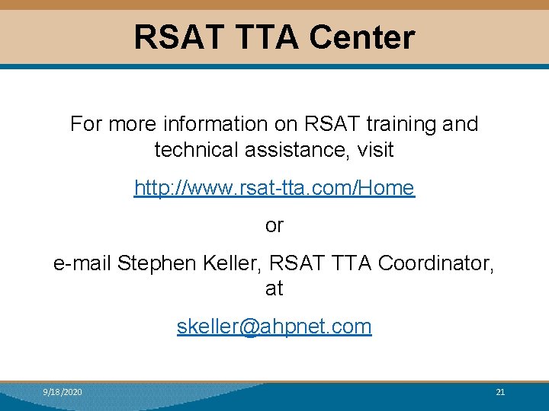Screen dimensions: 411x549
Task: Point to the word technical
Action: (197, 150)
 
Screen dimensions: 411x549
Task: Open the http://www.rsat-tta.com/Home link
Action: (274, 188)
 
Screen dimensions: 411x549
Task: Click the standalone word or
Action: (274, 225)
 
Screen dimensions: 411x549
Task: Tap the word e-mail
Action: (82, 263)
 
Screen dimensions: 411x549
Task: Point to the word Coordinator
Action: (435, 263)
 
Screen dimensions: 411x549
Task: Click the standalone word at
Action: (274, 288)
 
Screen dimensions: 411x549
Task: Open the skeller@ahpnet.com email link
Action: (274, 327)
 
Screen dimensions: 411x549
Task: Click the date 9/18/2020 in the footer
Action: (63, 392)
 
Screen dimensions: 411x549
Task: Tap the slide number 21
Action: (500, 392)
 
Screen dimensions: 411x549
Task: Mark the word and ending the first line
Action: (461, 124)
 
